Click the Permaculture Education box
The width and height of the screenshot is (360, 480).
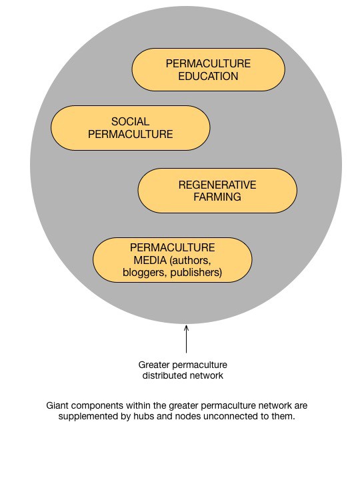(209, 69)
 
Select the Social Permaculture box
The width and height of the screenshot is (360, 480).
(131, 128)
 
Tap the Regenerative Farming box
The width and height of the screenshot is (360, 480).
(217, 191)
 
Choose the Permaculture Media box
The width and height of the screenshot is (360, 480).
(173, 260)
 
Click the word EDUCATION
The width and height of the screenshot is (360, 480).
(208, 76)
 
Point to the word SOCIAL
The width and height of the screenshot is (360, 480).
(131, 121)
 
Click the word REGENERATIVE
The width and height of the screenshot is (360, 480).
(217, 185)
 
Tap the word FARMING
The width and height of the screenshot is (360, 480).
(217, 197)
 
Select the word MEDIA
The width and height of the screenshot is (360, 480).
(150, 260)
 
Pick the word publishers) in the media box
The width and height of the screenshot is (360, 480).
(196, 273)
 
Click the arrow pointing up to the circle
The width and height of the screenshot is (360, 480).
(186, 339)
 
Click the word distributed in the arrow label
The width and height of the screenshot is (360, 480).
(162, 375)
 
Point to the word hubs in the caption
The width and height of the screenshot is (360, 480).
(143, 416)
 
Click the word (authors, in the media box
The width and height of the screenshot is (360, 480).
(190, 261)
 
